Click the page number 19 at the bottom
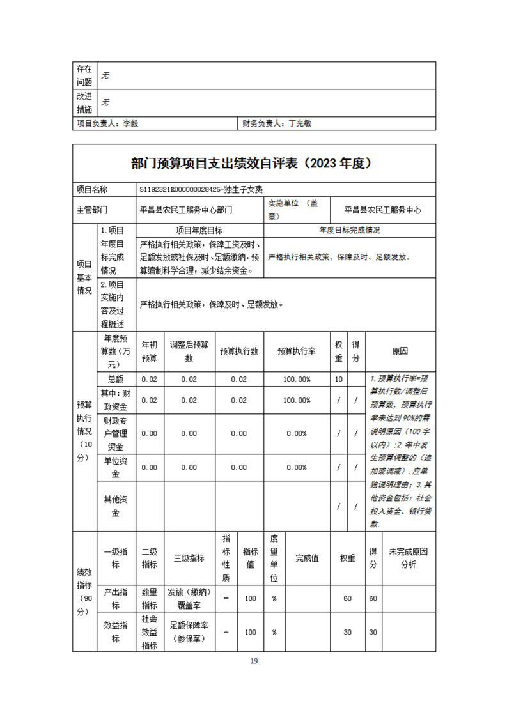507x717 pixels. [x=253, y=661]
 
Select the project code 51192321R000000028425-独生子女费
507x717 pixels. [x=201, y=189]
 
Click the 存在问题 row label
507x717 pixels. [x=84, y=75]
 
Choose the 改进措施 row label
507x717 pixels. [x=84, y=102]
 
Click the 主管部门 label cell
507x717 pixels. [x=92, y=209]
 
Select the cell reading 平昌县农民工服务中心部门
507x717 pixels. [x=186, y=209]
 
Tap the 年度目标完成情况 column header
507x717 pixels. [x=349, y=230]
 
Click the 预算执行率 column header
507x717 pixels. [x=297, y=351]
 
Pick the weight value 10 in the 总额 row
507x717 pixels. [x=339, y=379]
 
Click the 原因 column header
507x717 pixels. [x=400, y=351]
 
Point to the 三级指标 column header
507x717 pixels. [x=189, y=558]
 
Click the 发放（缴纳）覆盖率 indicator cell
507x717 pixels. [x=189, y=598]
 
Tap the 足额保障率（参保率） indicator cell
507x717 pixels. [x=189, y=632]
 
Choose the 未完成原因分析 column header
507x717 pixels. [x=408, y=558]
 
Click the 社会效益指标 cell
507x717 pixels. [x=150, y=632]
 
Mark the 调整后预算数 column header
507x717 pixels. [x=189, y=351]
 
